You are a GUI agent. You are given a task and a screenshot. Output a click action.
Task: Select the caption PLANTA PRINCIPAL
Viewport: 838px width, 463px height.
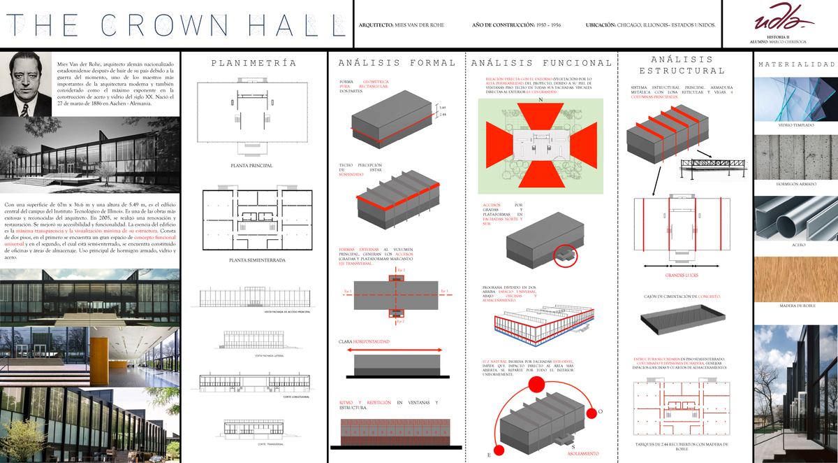point(251,166)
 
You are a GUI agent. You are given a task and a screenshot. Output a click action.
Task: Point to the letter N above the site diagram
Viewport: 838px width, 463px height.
point(540,99)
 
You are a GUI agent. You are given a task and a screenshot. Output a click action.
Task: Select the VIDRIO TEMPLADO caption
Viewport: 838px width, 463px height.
point(796,124)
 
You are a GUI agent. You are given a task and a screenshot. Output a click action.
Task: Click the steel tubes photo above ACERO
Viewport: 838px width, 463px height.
point(796,218)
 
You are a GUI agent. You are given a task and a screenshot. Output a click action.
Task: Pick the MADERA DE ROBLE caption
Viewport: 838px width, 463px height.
point(796,306)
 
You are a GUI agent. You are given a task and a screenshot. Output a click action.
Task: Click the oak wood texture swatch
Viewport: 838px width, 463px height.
point(796,278)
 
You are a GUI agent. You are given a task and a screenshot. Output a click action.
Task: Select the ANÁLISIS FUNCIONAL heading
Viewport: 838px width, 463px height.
point(541,63)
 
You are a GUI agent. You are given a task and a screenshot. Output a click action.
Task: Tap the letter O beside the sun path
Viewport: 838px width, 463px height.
point(600,412)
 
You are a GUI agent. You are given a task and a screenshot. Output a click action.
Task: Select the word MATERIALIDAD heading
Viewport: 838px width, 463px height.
point(796,64)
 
